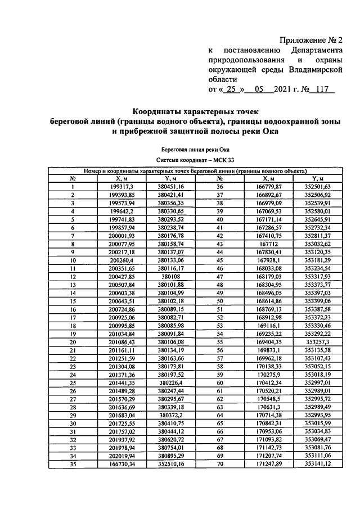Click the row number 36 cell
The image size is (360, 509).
[220, 186]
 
